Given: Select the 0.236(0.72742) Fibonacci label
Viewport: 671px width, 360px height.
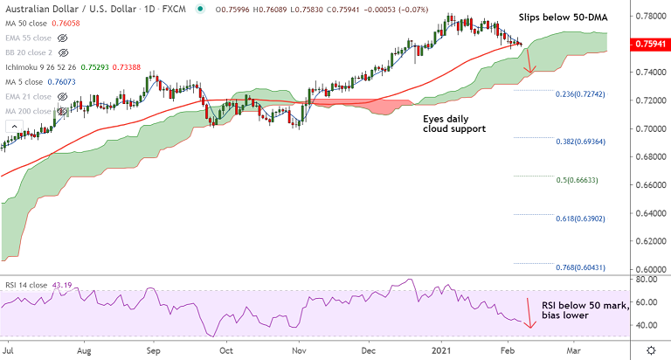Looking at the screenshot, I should tap(581, 93).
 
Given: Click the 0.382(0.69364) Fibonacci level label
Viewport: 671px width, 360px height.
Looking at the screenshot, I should tap(581, 142).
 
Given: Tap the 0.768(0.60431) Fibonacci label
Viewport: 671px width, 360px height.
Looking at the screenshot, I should tap(581, 268).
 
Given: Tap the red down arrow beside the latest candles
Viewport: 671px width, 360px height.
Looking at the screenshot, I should tap(528, 62).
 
